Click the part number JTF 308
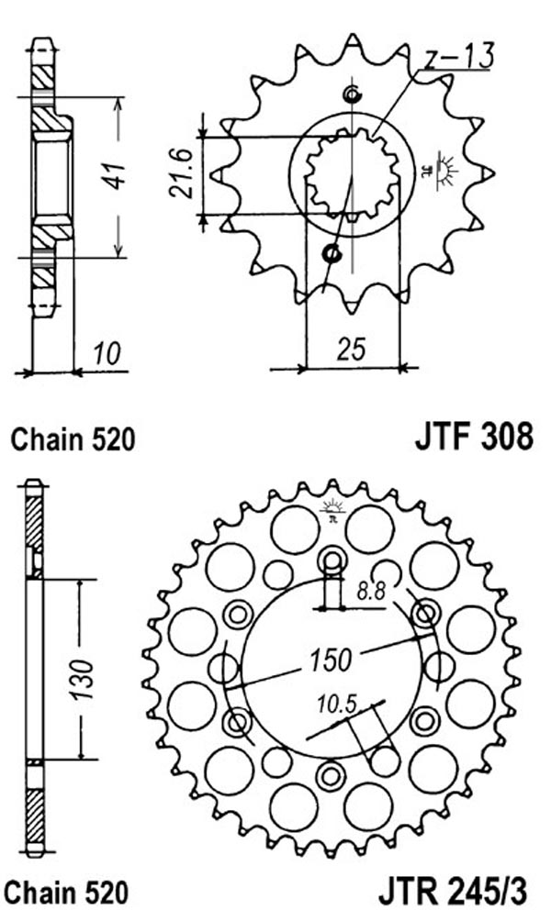[x=473, y=436]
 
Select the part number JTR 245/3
[x=453, y=892]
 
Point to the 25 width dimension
[x=353, y=350]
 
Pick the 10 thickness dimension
[x=107, y=353]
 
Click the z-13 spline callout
[x=458, y=56]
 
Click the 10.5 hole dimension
[x=336, y=705]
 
